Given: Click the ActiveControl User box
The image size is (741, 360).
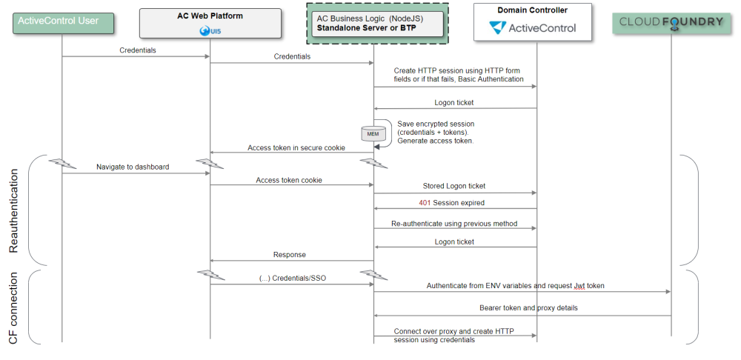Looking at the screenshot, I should (x=62, y=21).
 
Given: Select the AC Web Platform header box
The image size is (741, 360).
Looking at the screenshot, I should (x=210, y=23).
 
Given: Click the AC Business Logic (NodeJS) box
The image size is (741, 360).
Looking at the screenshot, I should (x=373, y=23).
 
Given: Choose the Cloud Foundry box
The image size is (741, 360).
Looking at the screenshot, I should (x=670, y=21).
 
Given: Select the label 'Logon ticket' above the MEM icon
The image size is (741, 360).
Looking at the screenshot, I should (x=454, y=103).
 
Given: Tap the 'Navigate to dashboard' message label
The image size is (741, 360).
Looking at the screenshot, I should (x=133, y=167).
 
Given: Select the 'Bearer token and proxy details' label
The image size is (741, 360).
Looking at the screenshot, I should (x=528, y=307).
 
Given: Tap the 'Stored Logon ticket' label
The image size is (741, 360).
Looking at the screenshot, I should (x=454, y=186).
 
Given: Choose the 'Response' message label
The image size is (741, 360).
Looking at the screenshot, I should (x=289, y=255).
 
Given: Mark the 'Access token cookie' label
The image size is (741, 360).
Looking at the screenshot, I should (x=289, y=180).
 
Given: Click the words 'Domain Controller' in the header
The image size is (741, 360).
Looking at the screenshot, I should (x=532, y=10).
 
